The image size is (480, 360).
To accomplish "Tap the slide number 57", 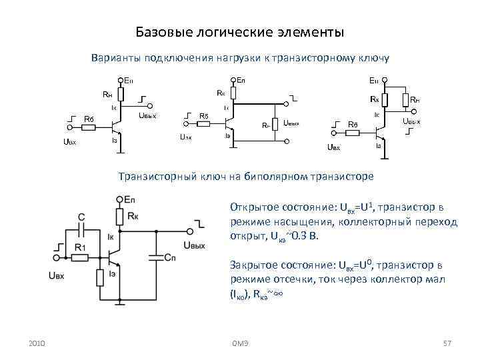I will (x=448, y=343).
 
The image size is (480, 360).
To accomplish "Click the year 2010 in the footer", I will (x=37, y=343).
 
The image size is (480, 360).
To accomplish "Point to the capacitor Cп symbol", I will (x=155, y=257).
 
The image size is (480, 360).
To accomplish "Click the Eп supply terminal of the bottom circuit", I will (x=120, y=199).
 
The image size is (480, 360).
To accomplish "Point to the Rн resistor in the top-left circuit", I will (x=120, y=94).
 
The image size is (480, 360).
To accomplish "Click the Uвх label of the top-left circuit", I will (x=70, y=142).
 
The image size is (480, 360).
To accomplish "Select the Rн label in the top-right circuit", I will (x=414, y=101).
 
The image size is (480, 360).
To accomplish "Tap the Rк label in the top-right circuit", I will (x=375, y=99).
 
